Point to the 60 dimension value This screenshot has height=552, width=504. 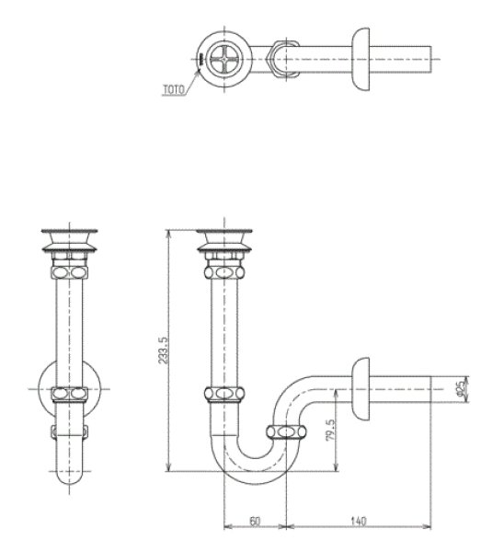coord(254,521)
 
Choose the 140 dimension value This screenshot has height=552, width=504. coord(359,521)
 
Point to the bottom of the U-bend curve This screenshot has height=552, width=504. coord(251,478)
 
